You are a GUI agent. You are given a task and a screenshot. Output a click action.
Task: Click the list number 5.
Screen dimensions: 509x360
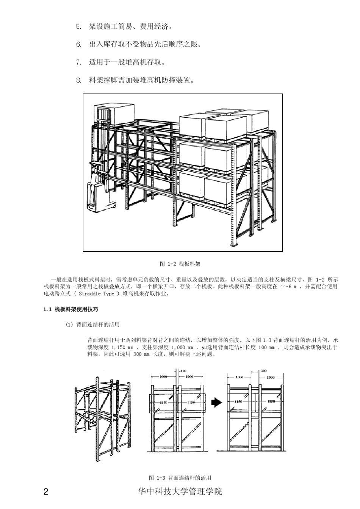(78, 27)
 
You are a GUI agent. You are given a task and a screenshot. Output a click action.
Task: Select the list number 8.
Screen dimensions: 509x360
(78, 80)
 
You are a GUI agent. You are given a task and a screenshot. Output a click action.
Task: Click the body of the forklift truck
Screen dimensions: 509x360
(99, 197)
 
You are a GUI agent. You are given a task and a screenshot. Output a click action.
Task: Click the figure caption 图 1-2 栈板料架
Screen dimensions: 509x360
(180, 264)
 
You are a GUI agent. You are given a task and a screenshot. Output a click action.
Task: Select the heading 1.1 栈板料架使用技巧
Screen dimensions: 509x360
(71, 309)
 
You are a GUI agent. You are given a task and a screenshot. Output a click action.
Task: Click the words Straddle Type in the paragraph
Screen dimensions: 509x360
(96, 294)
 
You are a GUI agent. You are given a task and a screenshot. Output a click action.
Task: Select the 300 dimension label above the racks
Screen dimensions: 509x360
(264, 371)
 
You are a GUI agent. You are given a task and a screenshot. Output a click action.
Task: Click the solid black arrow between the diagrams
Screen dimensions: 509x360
(216, 402)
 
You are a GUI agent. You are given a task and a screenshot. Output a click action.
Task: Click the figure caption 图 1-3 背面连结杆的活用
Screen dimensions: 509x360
(180, 478)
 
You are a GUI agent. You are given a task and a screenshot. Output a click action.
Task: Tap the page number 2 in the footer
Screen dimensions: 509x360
(46, 492)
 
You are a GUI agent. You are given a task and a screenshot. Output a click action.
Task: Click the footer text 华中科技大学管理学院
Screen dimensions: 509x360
(180, 492)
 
